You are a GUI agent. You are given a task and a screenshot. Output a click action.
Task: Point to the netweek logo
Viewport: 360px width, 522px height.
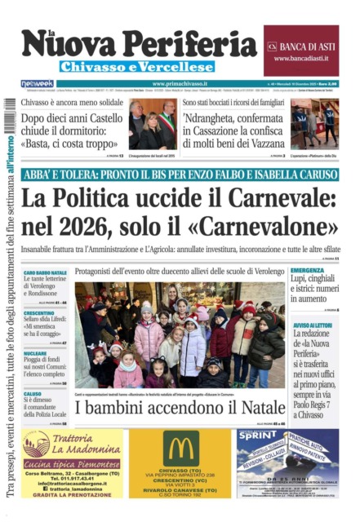[x=38, y=84]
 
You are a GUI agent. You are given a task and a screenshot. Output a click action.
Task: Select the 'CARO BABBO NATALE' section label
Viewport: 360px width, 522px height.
[x=45, y=272]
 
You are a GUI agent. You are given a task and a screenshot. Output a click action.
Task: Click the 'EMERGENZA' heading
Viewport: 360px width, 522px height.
[x=307, y=270]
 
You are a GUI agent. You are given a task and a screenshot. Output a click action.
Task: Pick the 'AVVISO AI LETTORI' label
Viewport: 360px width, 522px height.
[x=313, y=325]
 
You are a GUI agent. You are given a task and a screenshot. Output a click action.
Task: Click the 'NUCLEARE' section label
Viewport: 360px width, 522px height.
[x=36, y=353]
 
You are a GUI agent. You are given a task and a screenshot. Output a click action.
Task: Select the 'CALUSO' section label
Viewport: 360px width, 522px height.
[x=33, y=393]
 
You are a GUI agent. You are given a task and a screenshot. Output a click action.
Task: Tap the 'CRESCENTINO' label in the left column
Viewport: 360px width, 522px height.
[x=39, y=312]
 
